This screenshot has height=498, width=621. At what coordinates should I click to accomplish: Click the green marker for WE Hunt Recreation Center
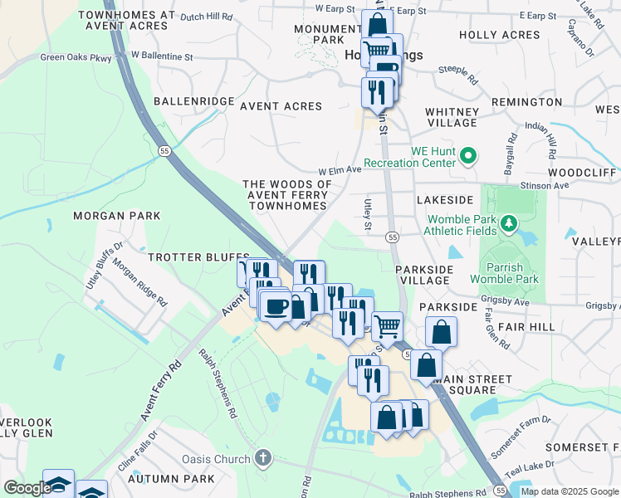click(x=468, y=155)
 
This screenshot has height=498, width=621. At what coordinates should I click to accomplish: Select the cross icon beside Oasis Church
click(x=262, y=458)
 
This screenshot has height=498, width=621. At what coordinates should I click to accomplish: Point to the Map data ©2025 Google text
click(x=569, y=491)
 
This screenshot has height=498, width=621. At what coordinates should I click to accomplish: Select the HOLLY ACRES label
click(x=500, y=35)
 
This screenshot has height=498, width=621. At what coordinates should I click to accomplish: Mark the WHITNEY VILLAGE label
click(x=452, y=117)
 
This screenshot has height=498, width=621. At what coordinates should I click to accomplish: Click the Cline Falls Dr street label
click(x=138, y=449)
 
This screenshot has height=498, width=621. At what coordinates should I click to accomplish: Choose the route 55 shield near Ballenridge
click(x=165, y=150)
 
